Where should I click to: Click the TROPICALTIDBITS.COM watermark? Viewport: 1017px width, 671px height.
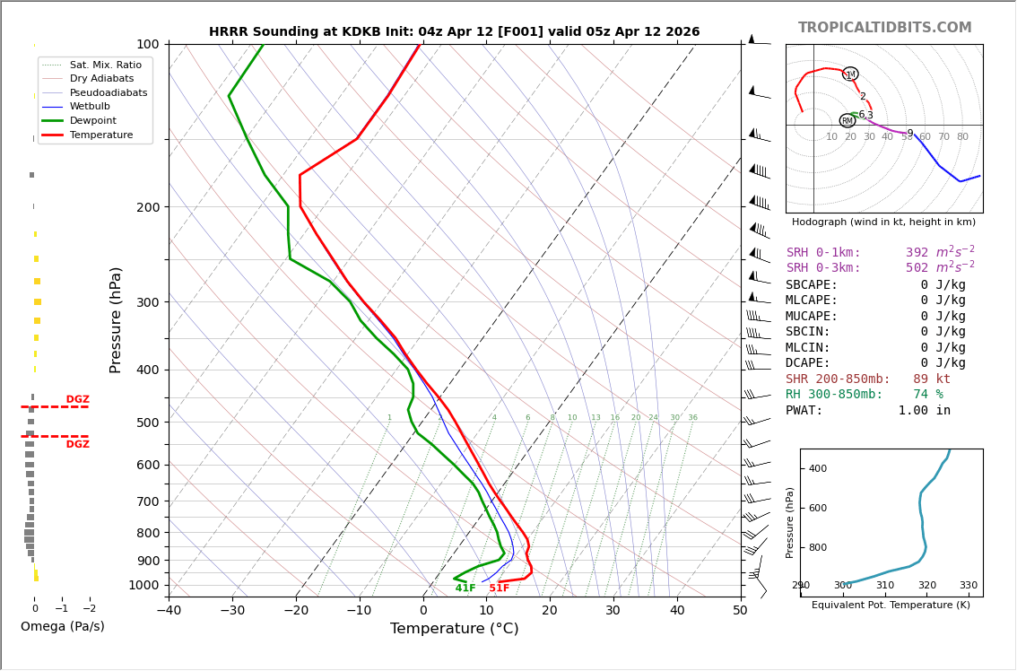884,28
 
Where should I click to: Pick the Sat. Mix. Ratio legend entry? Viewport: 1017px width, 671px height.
105,65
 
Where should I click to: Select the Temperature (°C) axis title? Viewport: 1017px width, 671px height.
454,629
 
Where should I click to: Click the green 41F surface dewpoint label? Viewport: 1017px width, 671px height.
465,588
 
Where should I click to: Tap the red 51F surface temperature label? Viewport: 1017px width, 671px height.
499,588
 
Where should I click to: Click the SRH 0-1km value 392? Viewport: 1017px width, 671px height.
917,253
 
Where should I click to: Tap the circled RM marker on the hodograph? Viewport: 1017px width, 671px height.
847,120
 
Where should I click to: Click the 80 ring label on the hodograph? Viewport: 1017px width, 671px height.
962,137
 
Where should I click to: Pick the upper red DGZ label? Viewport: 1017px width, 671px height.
77,400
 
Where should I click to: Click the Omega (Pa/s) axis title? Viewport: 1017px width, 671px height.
62,627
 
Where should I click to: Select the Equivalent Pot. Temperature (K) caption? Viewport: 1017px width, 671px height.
891,606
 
